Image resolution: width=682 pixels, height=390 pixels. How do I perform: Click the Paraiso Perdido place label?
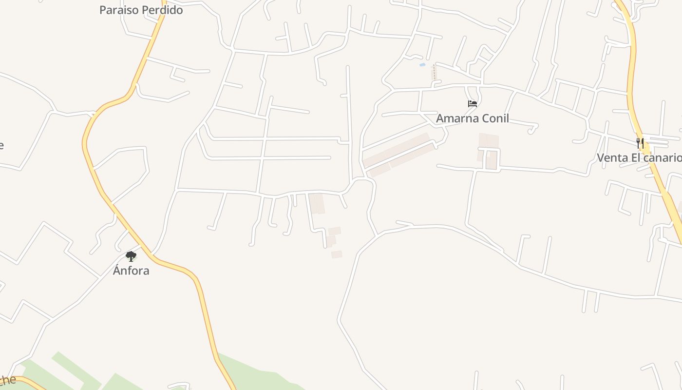click(141, 10)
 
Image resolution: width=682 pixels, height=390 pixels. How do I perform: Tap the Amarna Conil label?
click(472, 118)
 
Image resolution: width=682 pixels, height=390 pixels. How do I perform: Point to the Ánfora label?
click(131, 271)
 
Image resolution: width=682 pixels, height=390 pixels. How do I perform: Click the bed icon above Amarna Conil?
click(472, 103)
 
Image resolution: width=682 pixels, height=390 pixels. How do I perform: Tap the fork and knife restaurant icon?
click(640, 143)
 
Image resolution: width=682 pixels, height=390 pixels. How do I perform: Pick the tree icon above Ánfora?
click(131, 256)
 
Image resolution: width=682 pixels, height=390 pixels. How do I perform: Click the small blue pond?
click(422, 64)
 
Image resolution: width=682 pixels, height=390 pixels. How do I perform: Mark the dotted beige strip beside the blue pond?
click(434, 73)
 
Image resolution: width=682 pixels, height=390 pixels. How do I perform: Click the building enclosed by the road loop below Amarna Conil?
click(491, 160)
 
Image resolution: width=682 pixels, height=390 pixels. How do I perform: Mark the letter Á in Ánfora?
click(117, 270)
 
